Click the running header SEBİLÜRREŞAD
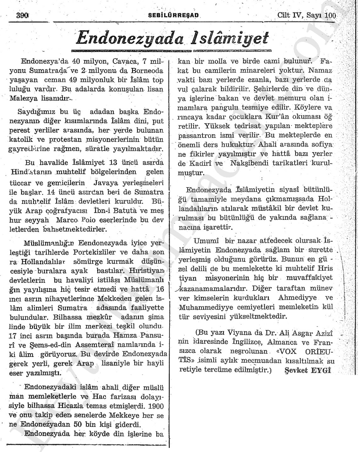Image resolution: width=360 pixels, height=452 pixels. (x=173, y=16)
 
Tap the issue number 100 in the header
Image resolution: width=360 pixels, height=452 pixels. (x=330, y=15)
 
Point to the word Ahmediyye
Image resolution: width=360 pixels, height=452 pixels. (x=297, y=298)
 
